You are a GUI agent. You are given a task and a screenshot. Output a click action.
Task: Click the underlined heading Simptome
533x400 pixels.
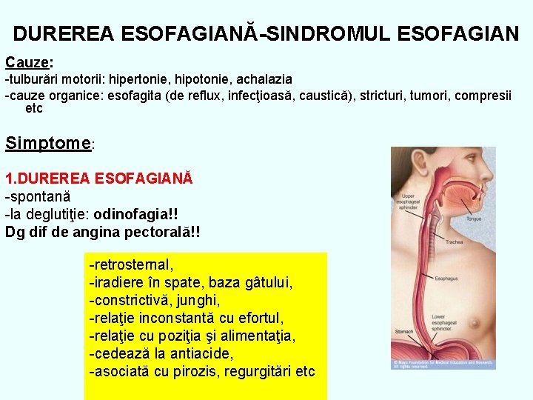pos(47,143)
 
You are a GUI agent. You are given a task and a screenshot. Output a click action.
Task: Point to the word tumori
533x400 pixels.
pos(430,95)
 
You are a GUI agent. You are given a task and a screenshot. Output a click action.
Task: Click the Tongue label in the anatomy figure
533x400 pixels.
pos(474,219)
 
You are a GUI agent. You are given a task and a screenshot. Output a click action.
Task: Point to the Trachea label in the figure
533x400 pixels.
pos(454,242)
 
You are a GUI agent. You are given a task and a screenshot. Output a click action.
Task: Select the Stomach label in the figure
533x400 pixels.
pos(405,332)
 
